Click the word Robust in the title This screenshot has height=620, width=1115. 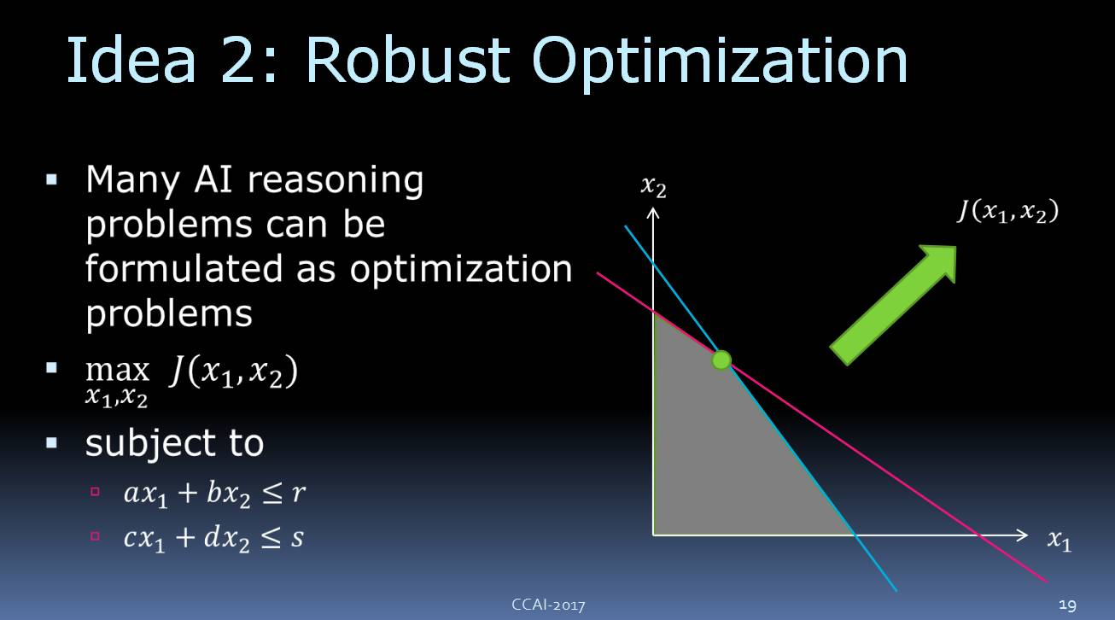click(x=408, y=61)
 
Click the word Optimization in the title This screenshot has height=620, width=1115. click(x=720, y=64)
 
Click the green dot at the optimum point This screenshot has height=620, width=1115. click(x=721, y=360)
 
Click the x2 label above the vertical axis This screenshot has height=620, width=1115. click(x=653, y=186)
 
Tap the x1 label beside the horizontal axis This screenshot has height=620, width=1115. click(x=1059, y=540)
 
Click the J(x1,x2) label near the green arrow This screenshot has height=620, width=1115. click(x=1008, y=211)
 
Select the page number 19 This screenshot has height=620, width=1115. click(x=1067, y=605)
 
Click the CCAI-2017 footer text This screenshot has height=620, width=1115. click(x=548, y=605)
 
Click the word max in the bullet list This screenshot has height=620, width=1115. click(x=117, y=371)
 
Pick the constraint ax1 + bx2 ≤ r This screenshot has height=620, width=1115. click(x=214, y=494)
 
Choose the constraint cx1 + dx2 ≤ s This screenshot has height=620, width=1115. click(x=213, y=538)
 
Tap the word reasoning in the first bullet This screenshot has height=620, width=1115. click(x=336, y=180)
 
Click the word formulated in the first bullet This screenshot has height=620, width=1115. click(x=184, y=269)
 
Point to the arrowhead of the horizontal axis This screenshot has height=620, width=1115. click(x=1024, y=535)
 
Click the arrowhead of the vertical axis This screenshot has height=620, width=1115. click(x=653, y=213)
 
